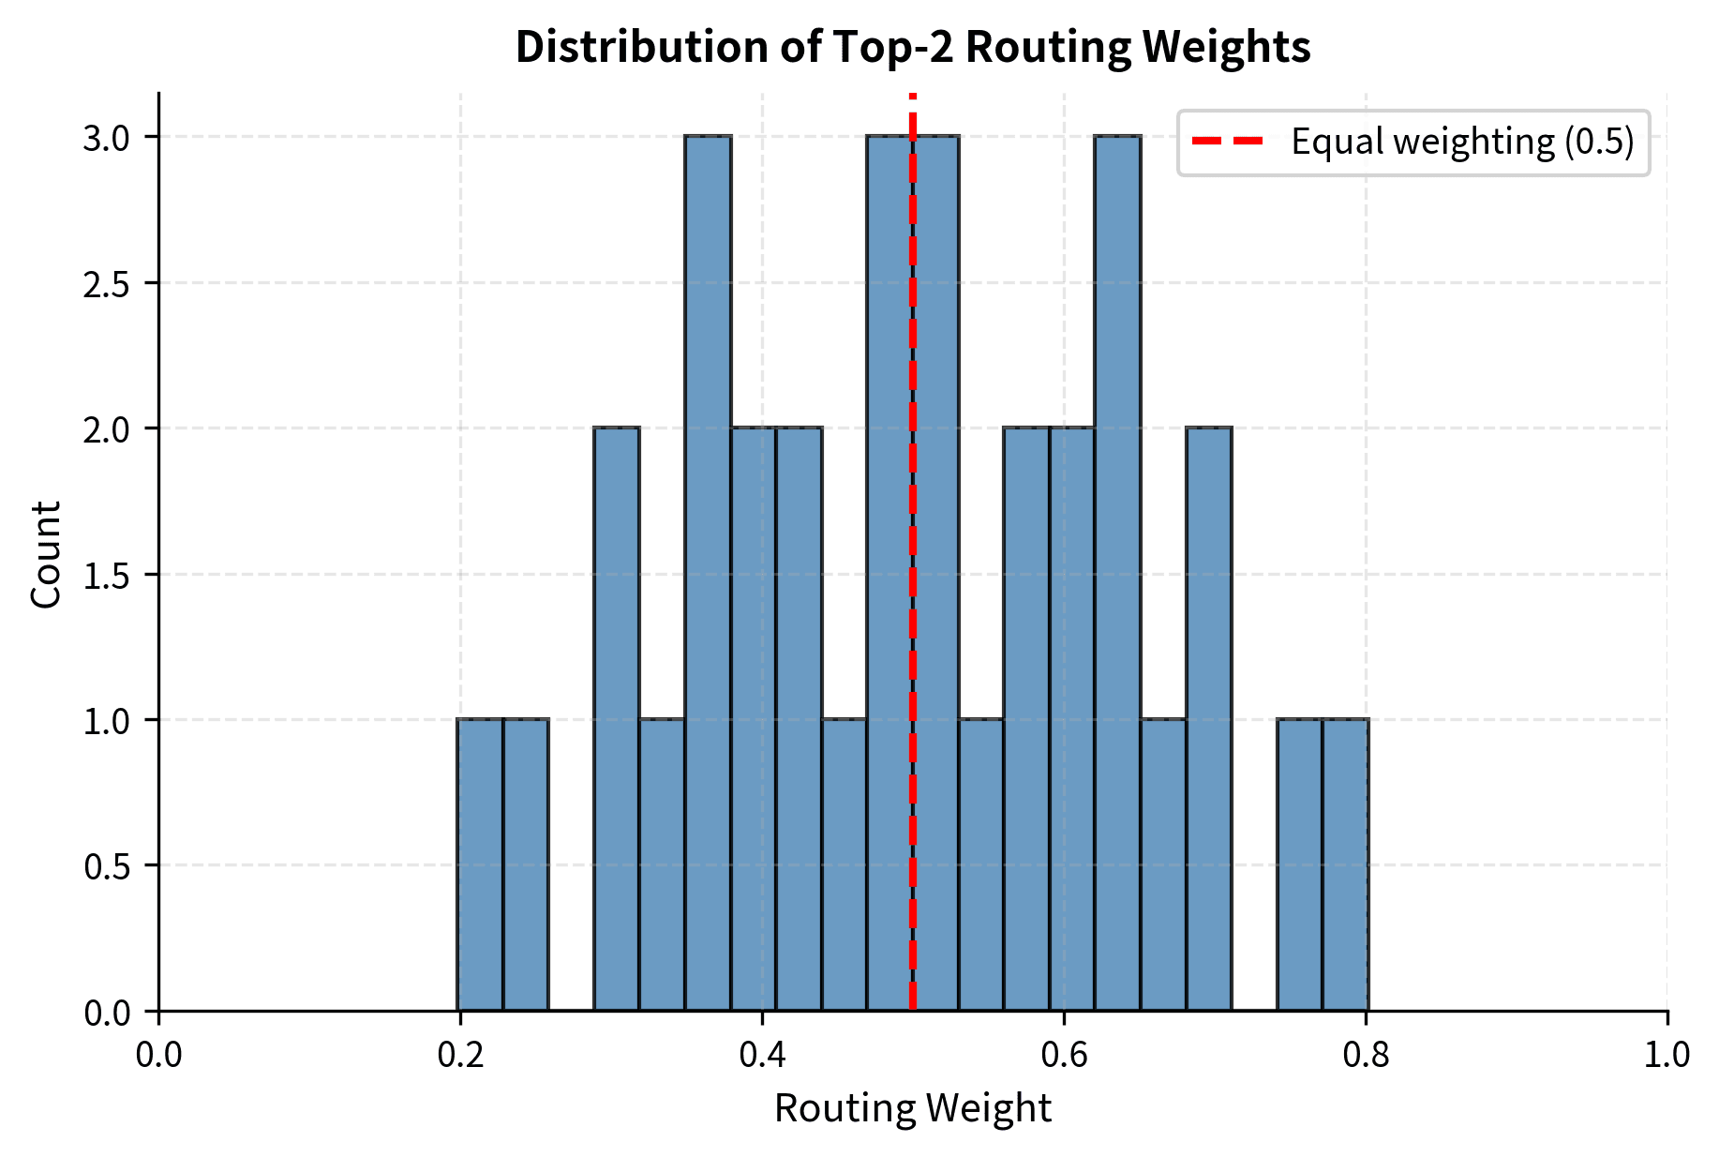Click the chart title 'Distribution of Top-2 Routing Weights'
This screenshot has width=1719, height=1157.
click(x=912, y=47)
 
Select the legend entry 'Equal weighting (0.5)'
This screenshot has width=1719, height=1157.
click(x=1461, y=142)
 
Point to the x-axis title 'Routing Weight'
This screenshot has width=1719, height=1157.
click(x=912, y=1108)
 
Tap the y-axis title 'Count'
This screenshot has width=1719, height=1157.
click(x=46, y=553)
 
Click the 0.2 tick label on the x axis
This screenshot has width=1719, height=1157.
click(x=460, y=1055)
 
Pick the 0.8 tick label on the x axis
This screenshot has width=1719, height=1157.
click(x=1366, y=1055)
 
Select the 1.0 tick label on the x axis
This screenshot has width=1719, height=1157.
click(x=1667, y=1055)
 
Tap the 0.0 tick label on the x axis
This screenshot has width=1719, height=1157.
click(x=158, y=1055)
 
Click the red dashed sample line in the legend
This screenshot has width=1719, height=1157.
click(x=1227, y=142)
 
